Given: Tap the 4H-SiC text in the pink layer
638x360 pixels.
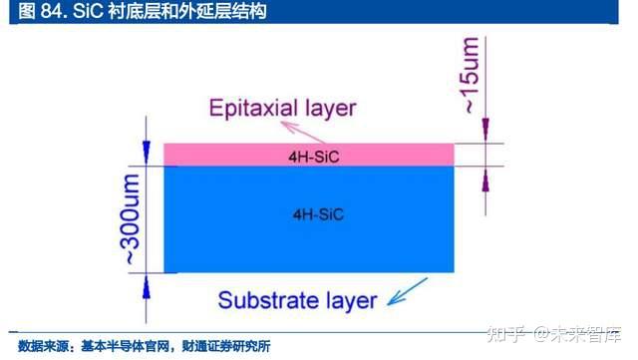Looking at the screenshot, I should [308, 155].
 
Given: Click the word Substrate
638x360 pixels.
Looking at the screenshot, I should [264, 300].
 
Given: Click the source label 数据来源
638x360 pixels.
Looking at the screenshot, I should [39, 345].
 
